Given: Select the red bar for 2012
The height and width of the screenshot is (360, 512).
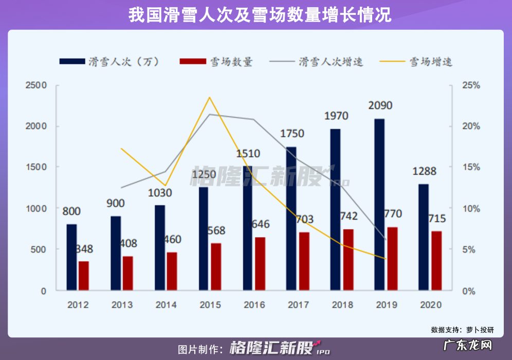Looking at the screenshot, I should point(83,276).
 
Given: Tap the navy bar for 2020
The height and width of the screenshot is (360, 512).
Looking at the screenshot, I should point(423,237).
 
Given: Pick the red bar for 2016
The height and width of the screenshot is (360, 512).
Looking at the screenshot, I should point(260,263).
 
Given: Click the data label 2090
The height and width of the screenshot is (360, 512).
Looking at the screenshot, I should point(380,106).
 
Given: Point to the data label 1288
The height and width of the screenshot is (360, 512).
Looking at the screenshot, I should point(424,171).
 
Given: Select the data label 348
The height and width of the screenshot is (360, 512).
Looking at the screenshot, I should point(84,249).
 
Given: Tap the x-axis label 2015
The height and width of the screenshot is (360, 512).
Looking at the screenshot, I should point(210,305).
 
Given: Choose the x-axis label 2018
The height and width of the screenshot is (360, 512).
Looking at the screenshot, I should point(342,305).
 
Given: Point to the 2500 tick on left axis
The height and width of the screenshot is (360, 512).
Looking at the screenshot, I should point(36,85).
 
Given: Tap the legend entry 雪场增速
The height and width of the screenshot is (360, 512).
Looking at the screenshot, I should point(431,62).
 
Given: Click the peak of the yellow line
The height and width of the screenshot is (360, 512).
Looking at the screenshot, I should point(209,97).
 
